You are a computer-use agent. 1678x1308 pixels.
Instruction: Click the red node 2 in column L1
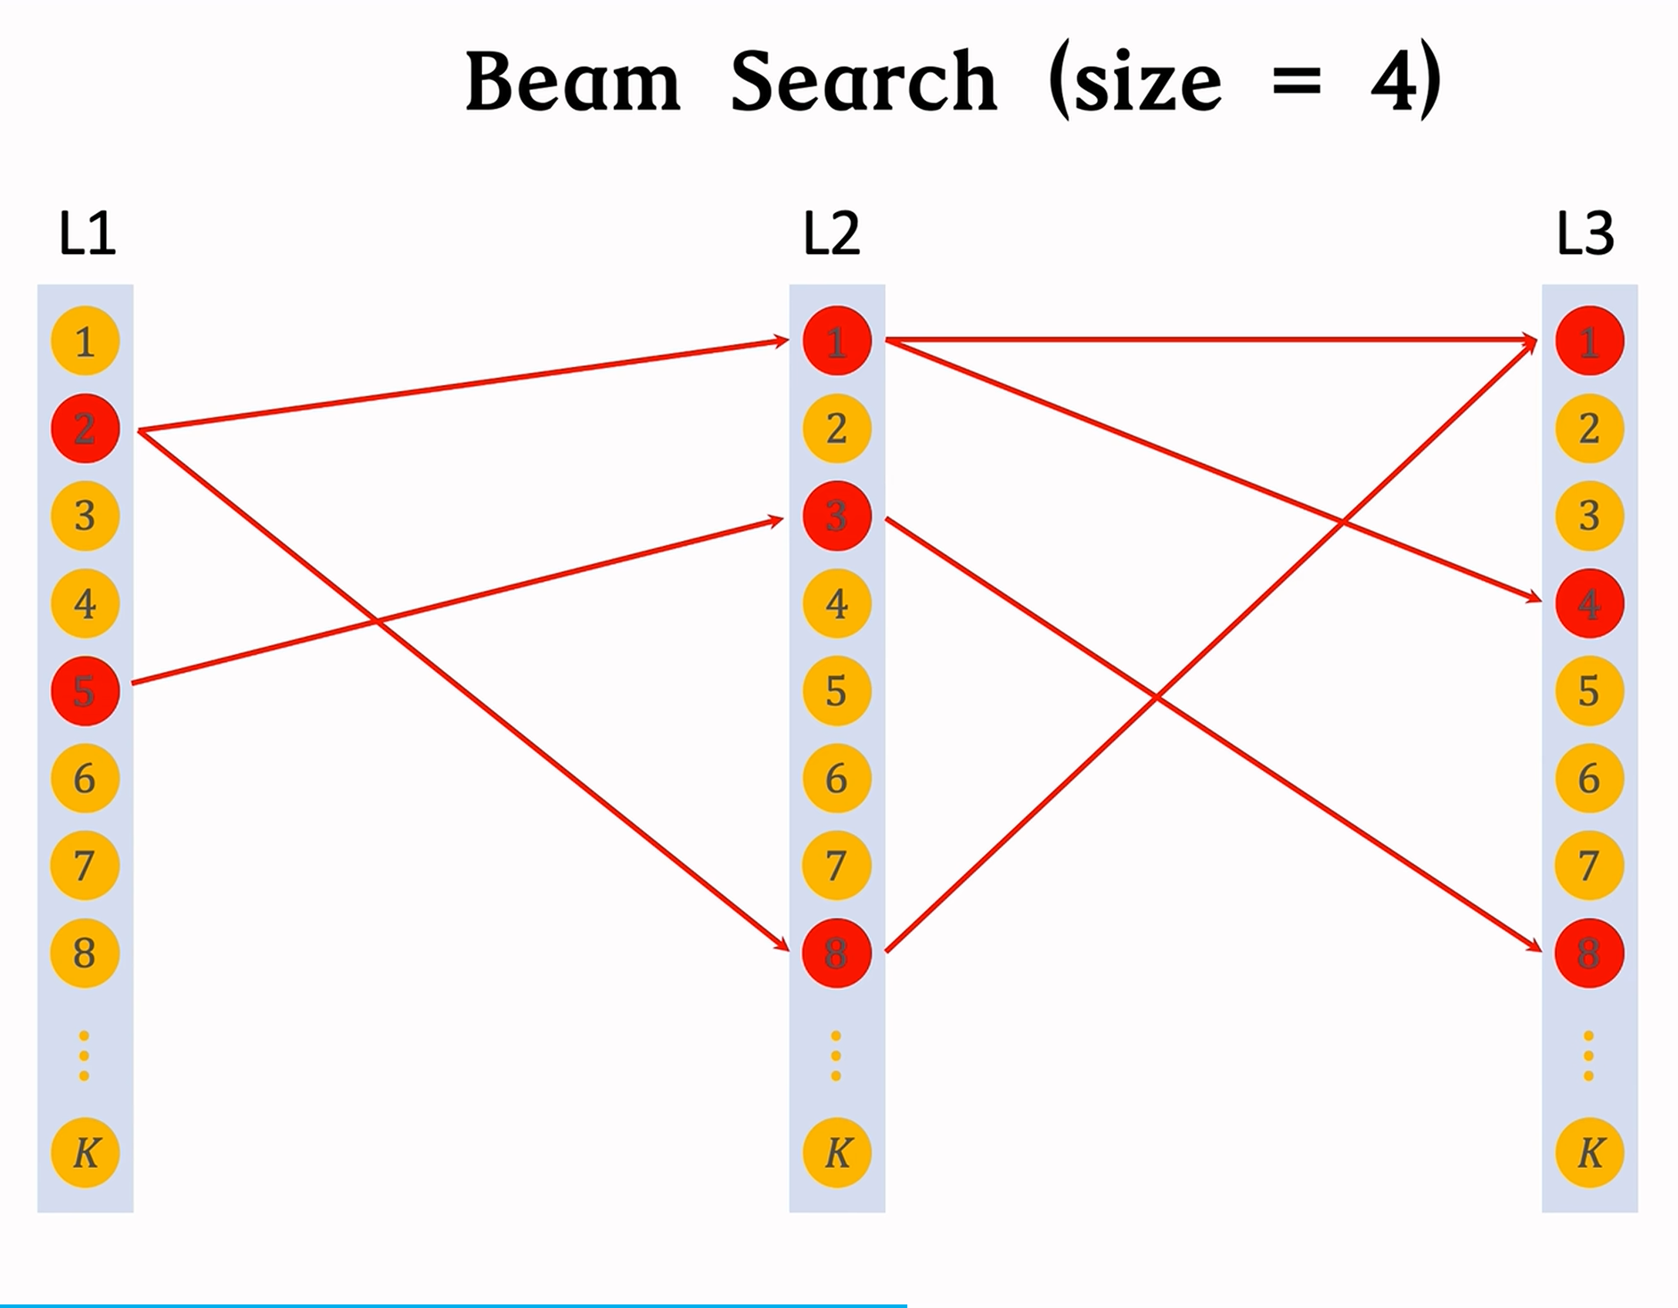85,429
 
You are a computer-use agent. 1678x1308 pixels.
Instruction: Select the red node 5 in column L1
85,691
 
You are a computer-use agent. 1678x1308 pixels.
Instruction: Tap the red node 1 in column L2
837,341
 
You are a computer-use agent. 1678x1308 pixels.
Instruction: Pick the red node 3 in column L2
837,516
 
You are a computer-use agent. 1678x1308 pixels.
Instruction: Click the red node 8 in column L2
837,952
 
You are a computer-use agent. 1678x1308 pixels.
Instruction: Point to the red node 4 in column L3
1589,603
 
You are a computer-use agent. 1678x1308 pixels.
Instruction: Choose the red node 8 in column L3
1589,952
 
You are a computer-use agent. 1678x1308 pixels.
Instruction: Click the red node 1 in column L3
1589,341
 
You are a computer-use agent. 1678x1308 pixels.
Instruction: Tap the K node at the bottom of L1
85,1153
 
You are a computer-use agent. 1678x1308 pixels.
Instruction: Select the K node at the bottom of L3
1589,1153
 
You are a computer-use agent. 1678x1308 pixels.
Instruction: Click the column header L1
86,233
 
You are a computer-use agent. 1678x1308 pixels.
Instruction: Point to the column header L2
831,233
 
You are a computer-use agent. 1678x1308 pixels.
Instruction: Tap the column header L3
1584,233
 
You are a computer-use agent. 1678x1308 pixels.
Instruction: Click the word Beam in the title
572,82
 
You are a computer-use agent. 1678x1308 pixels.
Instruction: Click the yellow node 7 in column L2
837,865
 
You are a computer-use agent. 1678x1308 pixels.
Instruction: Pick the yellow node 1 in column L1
85,341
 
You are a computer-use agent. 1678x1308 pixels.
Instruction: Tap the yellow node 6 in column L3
1589,778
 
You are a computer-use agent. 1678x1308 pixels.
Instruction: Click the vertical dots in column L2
836,1056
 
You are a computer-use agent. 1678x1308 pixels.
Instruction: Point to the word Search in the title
863,82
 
